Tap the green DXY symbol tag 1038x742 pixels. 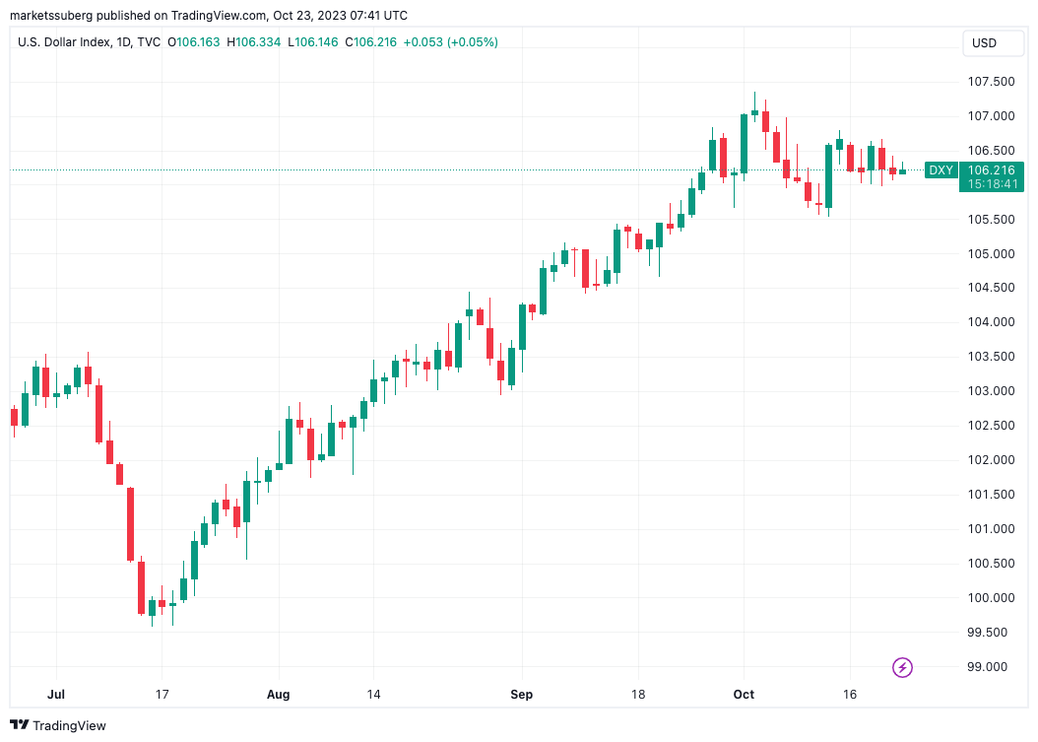941,169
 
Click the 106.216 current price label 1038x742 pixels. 992,169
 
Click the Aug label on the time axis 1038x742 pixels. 279,694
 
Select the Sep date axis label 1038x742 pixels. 521,694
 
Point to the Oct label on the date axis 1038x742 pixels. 744,694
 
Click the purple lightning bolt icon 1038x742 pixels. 902,668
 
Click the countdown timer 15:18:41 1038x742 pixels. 992,184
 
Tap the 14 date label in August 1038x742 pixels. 373,694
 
